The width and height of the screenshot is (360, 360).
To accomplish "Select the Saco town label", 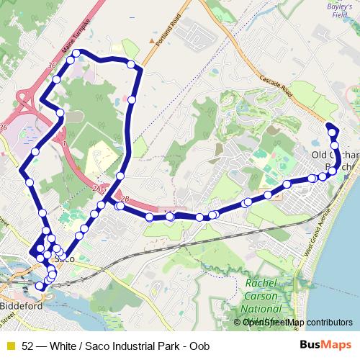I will [66, 257].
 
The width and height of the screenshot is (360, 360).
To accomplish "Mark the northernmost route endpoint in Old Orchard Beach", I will [330, 127].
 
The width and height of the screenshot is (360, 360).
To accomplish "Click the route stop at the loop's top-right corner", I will [131, 66].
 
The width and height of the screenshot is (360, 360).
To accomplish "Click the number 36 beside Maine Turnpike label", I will [51, 66].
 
